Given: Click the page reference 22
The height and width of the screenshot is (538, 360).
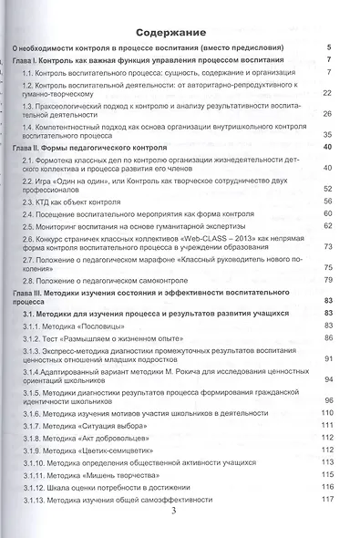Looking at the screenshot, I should [326, 93].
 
